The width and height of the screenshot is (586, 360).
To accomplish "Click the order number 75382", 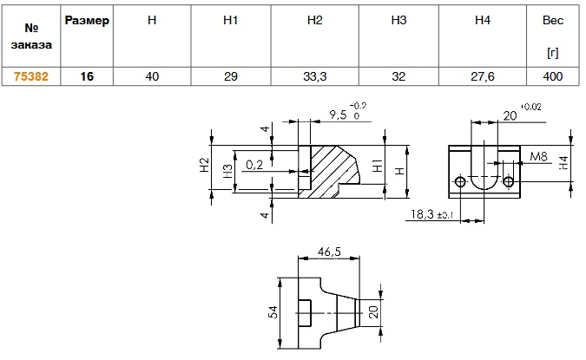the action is [31, 76].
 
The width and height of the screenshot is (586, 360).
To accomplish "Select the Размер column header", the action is [87, 21].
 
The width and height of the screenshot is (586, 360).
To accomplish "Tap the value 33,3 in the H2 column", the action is [314, 76].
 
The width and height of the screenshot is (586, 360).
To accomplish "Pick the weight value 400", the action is [552, 76].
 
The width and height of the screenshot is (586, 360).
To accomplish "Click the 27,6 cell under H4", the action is [483, 76].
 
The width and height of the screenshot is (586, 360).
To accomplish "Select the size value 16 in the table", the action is [87, 76].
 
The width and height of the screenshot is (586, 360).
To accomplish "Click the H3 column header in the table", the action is [398, 20].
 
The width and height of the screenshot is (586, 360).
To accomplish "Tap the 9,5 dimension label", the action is [339, 115].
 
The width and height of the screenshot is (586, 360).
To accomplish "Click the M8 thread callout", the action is [538, 156].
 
